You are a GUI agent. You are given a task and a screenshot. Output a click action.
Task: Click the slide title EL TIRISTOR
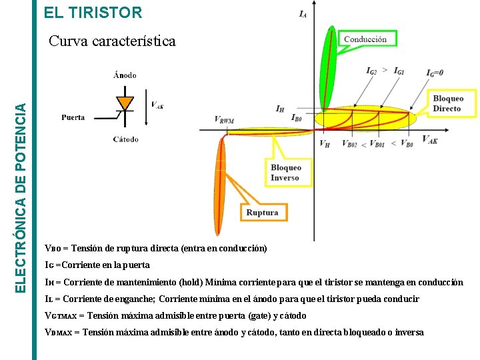click(x=93, y=12)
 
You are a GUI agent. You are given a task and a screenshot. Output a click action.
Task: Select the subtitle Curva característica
click(x=113, y=41)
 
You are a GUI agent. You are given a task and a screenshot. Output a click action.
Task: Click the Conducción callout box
click(x=365, y=39)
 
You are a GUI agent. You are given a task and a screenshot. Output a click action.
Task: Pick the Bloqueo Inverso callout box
click(x=285, y=173)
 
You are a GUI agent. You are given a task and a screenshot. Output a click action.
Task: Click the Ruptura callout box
click(x=262, y=213)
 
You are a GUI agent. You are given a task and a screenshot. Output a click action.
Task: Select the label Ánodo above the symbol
click(x=125, y=75)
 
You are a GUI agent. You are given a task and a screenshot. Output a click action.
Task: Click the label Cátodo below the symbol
click(x=125, y=139)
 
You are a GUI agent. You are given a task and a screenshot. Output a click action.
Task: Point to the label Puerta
click(x=73, y=117)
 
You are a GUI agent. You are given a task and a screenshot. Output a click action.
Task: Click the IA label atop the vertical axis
click(x=303, y=13)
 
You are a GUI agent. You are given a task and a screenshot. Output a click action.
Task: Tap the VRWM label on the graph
click(x=224, y=120)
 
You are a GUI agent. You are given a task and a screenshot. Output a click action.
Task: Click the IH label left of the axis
click(x=281, y=109)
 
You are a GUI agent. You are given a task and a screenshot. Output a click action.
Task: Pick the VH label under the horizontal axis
click(x=324, y=143)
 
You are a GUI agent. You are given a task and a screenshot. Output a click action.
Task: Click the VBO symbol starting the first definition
click(x=51, y=249)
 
